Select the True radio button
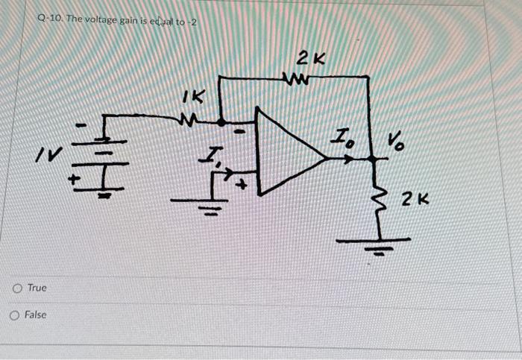click(x=16, y=288)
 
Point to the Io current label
click(x=343, y=139)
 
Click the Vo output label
click(x=394, y=141)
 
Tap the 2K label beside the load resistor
click(x=415, y=199)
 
